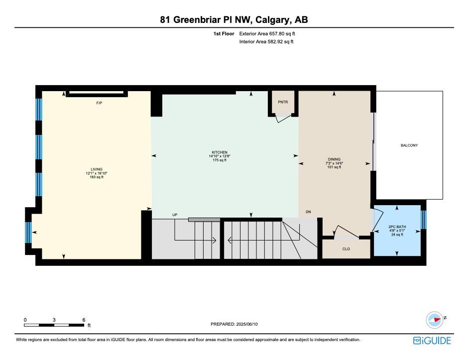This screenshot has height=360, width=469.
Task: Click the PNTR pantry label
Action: point(283,102)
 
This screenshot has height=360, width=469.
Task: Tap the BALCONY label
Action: point(409,145)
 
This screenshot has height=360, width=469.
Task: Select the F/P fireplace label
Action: point(99,103)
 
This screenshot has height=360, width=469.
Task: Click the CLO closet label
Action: point(346,249)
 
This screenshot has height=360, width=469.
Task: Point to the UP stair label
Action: point(175,215)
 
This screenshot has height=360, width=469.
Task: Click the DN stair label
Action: point(308,212)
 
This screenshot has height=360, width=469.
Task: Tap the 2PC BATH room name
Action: point(397,227)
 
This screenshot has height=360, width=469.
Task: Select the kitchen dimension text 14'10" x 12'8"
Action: point(220,156)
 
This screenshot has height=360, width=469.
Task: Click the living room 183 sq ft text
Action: point(97,177)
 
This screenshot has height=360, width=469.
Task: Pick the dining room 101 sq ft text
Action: point(334,167)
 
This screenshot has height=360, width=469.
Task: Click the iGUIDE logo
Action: point(432,341)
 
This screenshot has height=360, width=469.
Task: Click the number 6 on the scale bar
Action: point(84,320)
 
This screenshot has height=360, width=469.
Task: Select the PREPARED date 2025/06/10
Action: point(247,324)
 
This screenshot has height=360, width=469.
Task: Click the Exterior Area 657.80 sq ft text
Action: point(267,34)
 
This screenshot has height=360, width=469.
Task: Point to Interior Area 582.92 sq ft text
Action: point(266,42)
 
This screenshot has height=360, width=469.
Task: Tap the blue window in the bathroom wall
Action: point(424,220)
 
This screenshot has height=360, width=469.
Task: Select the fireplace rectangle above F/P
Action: point(97,94)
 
